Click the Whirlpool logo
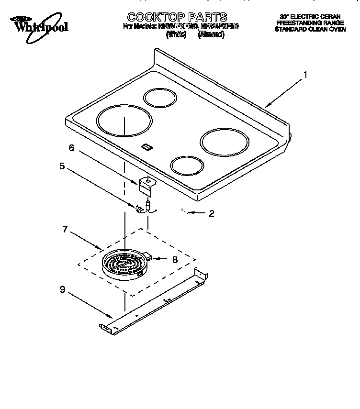tap(40, 24)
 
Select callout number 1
tap(305, 75)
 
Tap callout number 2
tap(211, 213)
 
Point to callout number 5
tap(62, 166)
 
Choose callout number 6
tap(71, 148)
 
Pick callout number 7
tap(65, 229)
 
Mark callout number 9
tap(62, 289)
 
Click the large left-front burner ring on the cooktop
tap(124, 122)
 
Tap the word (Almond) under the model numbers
tap(211, 35)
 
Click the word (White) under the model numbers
tap(175, 35)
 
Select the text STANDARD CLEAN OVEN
tap(310, 29)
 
